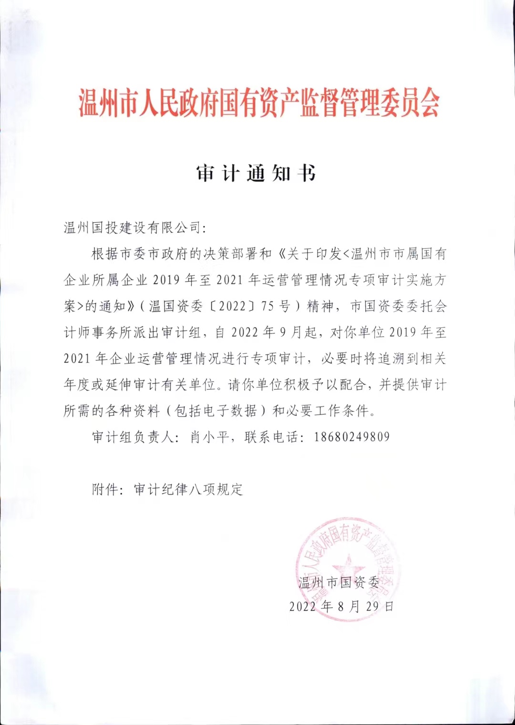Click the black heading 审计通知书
click(x=256, y=173)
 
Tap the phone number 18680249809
click(x=351, y=436)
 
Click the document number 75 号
click(x=275, y=306)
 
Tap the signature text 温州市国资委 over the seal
click(x=339, y=582)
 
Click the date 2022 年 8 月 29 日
click(x=341, y=606)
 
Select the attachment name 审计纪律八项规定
click(x=188, y=489)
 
